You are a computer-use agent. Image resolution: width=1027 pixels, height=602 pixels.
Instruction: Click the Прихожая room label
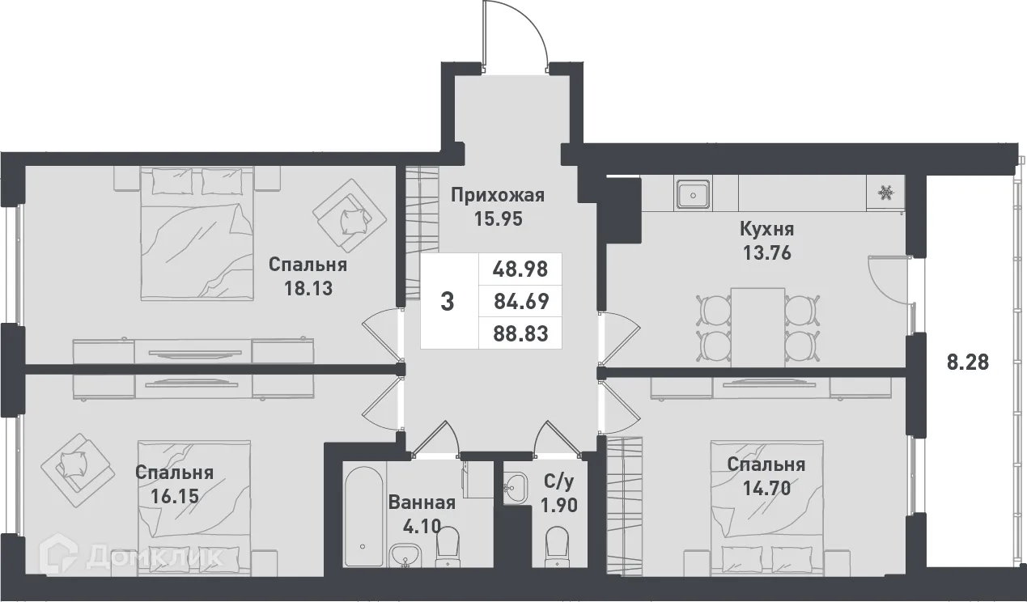[498, 195]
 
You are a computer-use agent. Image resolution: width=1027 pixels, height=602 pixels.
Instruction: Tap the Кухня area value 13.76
[766, 252]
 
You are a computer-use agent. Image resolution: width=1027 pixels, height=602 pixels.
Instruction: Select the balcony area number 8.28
[968, 362]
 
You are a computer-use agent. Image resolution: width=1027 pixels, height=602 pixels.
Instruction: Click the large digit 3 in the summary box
[447, 302]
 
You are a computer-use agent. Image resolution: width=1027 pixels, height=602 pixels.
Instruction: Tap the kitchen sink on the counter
[694, 194]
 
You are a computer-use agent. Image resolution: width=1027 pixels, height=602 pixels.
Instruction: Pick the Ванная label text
[422, 502]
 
